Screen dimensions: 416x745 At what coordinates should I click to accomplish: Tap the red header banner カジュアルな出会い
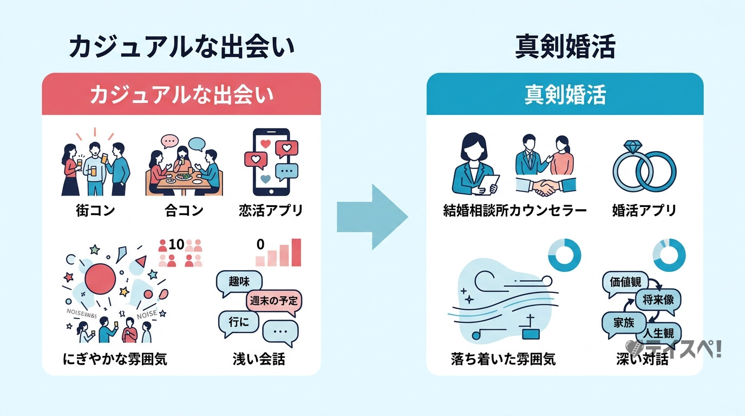(x=181, y=94)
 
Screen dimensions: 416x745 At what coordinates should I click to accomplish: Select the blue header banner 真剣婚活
(x=565, y=94)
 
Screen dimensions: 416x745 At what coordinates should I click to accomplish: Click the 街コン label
(x=96, y=210)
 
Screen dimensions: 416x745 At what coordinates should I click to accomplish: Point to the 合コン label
(x=183, y=210)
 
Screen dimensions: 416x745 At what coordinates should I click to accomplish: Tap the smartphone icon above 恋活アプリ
(x=271, y=161)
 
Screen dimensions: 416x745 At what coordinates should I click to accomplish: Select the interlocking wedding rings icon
(x=644, y=167)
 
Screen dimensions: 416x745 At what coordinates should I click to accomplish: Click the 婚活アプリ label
(x=644, y=210)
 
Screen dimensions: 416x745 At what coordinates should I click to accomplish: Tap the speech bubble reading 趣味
(x=239, y=282)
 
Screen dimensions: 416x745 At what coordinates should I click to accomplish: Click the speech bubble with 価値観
(x=625, y=283)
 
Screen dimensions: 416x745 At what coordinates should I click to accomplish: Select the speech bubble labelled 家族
(x=623, y=322)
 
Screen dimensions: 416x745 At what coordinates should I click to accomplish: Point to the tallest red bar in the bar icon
(x=296, y=252)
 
